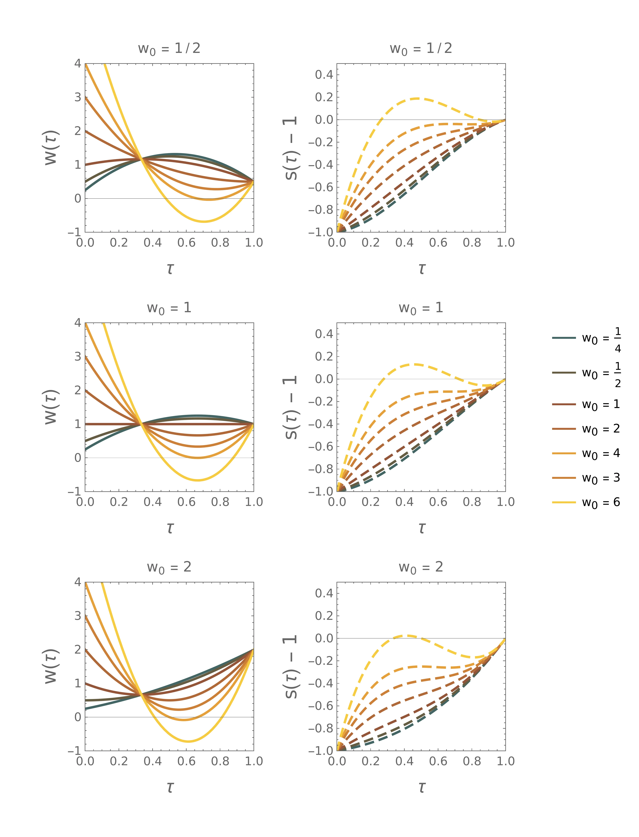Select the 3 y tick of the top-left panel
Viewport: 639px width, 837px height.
coord(78,97)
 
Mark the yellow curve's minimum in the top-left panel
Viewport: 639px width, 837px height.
coord(204,221)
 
